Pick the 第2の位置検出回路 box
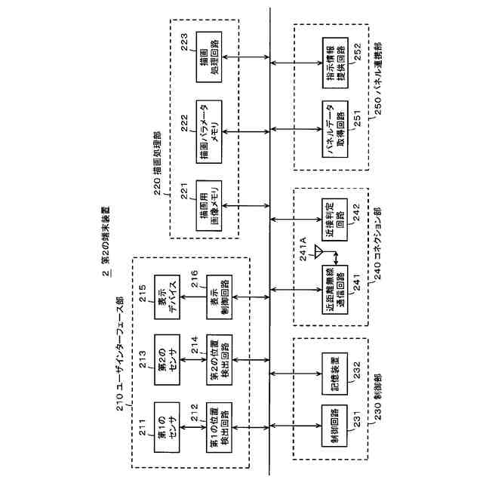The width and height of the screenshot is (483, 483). coord(219,358)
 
